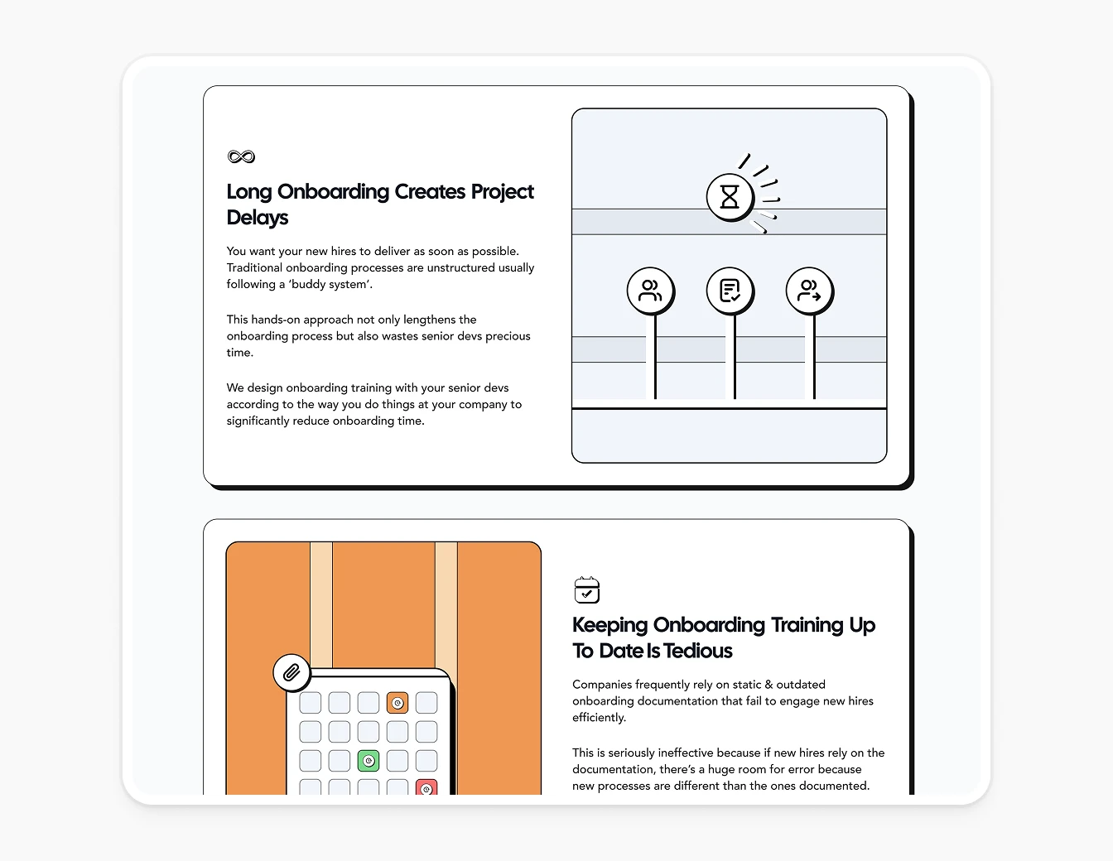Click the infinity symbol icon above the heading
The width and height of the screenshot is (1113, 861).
click(241, 156)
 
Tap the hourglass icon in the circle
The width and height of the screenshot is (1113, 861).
click(729, 197)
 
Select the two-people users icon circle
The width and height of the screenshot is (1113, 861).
click(650, 291)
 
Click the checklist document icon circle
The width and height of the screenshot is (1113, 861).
click(730, 291)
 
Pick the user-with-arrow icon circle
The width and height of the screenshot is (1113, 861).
click(808, 291)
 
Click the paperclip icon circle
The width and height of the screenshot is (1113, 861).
click(291, 672)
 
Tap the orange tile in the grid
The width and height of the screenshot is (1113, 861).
click(397, 703)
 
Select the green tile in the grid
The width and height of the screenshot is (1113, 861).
click(369, 760)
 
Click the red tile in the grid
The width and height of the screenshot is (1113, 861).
click(426, 788)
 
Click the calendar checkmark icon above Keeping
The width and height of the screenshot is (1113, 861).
click(586, 590)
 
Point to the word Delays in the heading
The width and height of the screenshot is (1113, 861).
click(258, 218)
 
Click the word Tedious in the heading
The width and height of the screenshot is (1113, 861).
click(697, 651)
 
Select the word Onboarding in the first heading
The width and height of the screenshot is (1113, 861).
click(333, 192)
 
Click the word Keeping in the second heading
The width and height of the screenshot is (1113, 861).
click(609, 625)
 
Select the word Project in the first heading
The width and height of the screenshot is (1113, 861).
click(502, 192)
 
